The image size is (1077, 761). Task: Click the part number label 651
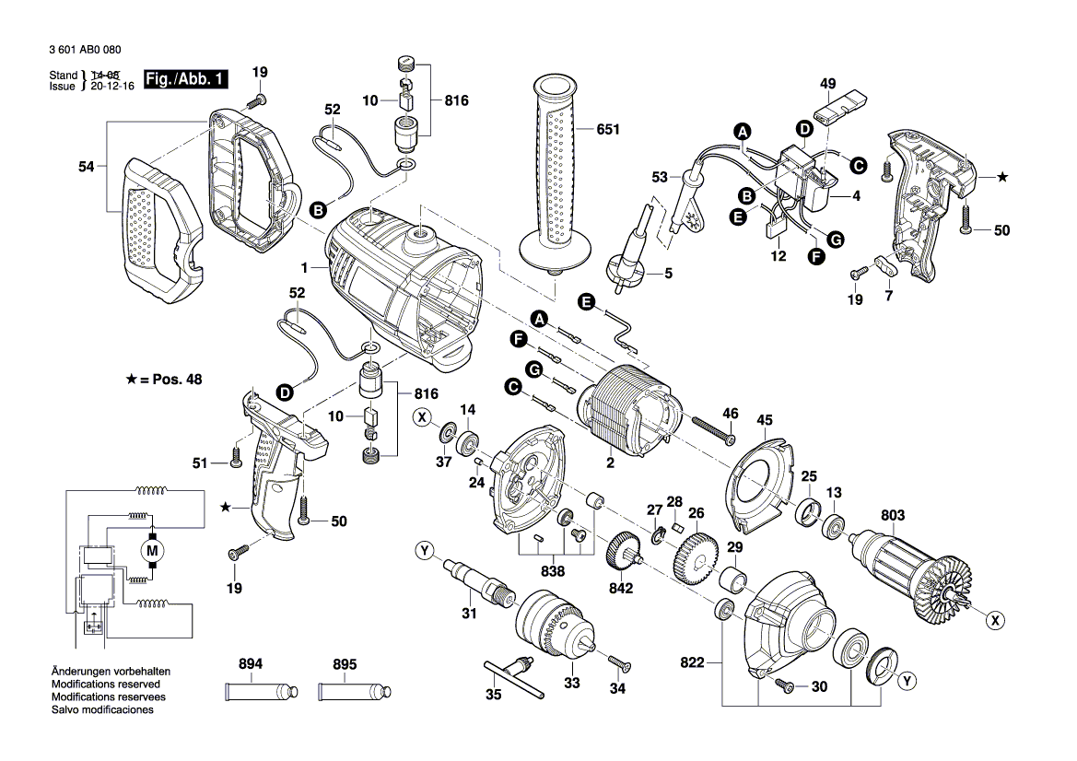(608, 130)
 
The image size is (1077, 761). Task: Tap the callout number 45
(765, 421)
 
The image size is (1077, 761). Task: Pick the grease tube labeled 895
(354, 690)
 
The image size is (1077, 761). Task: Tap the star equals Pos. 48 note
(165, 379)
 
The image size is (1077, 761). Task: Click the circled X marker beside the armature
(994, 621)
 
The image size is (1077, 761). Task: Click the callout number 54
(86, 166)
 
